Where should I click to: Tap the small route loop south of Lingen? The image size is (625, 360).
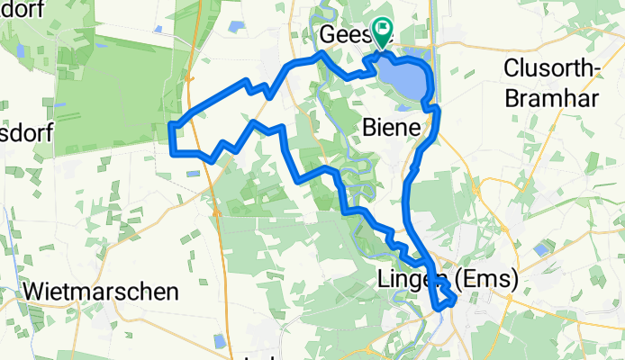click(444, 297)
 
